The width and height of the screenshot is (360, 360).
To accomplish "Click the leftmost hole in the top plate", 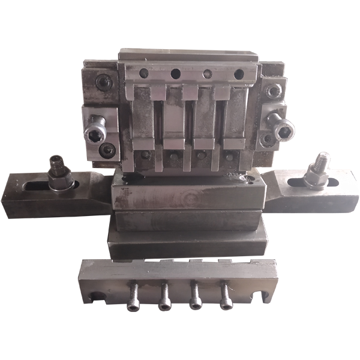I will (143, 73).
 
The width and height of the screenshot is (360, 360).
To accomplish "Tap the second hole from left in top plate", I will (176, 74).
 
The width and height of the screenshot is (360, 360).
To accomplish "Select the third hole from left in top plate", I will (208, 74).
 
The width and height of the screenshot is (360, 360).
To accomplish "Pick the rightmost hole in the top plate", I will (238, 74).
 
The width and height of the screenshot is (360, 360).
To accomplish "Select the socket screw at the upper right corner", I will (274, 91).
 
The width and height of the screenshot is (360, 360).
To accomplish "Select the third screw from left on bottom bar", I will (195, 298).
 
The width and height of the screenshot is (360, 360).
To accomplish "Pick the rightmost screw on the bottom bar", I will (226, 298).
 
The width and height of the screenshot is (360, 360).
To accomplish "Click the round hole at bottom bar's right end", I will (262, 295).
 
